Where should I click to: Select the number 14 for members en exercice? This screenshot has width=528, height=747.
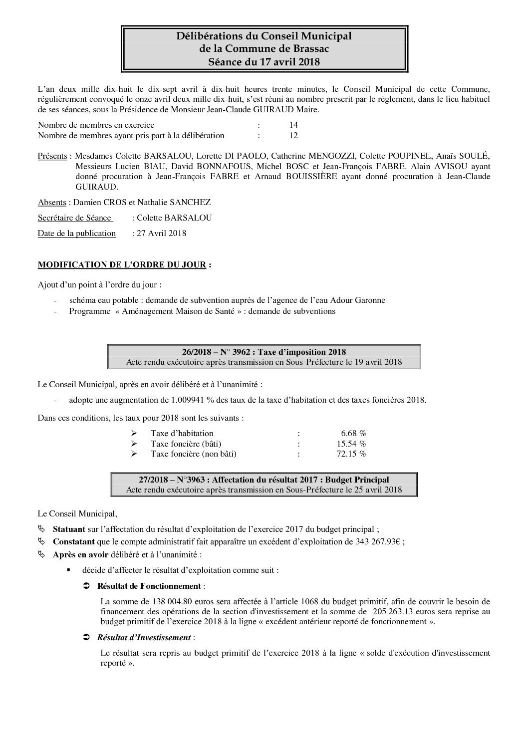pyautogui.click(x=293, y=125)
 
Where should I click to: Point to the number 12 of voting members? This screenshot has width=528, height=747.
pyautogui.click(x=293, y=135)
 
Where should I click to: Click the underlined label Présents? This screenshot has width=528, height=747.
pyautogui.click(x=52, y=156)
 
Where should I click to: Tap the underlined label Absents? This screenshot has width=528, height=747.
pyautogui.click(x=52, y=202)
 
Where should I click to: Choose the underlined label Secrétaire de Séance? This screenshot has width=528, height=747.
pyautogui.click(x=74, y=218)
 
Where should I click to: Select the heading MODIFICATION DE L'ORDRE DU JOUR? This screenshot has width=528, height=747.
pyautogui.click(x=122, y=265)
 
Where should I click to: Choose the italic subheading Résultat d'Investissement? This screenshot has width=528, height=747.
pyautogui.click(x=144, y=637)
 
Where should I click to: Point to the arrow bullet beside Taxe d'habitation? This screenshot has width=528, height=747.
pyautogui.click(x=134, y=433)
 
